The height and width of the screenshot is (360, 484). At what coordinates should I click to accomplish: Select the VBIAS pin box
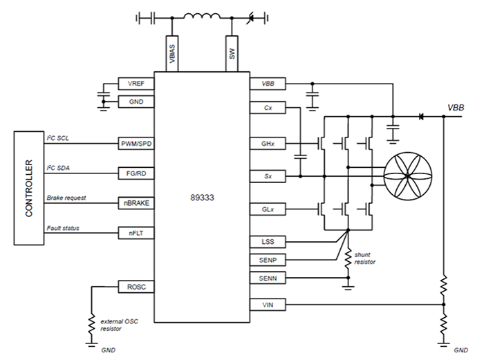172,53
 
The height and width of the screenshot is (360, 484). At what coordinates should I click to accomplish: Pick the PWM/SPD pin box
136,144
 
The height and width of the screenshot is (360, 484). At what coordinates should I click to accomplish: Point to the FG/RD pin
136,173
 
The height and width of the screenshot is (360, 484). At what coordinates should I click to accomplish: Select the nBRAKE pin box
136,203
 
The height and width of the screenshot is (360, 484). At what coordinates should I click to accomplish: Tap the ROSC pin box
136,286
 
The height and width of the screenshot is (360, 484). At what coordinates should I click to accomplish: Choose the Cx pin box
268,108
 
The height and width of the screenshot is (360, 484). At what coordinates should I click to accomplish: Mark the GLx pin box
268,207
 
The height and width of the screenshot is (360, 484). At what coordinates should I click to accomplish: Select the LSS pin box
268,243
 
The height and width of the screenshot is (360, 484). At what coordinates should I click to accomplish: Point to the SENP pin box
268,260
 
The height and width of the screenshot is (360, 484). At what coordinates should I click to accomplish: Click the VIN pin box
268,304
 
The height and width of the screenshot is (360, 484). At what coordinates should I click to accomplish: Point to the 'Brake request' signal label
66,198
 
